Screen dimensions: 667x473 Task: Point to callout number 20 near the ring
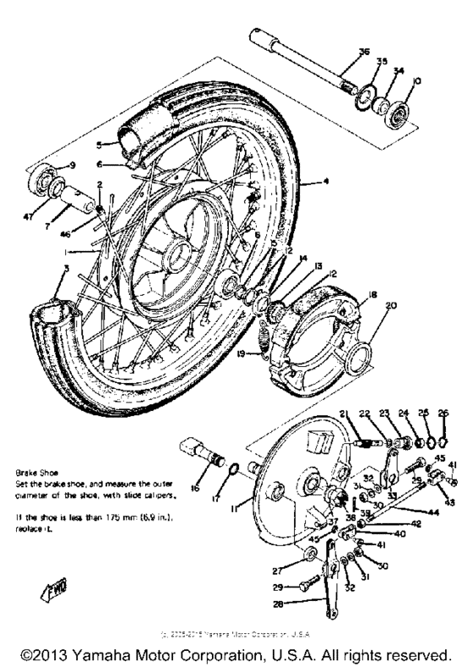pyautogui.click(x=390, y=308)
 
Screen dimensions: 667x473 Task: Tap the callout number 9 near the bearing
pyautogui.click(x=73, y=164)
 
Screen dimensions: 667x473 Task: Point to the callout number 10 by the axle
pyautogui.click(x=415, y=82)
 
